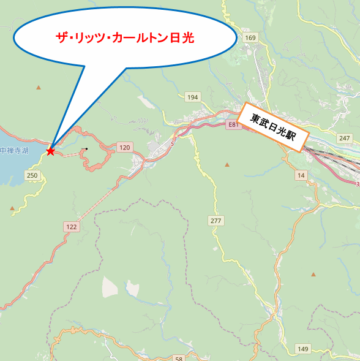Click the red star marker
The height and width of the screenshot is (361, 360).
(x=50, y=151)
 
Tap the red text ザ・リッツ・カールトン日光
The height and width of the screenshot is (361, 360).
(x=125, y=38)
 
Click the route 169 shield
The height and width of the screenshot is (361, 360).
(x=250, y=38)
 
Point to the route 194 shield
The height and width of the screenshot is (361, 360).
(x=193, y=97)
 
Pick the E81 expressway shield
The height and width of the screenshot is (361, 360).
(x=231, y=124)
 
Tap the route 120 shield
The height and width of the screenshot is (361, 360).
(x=125, y=147)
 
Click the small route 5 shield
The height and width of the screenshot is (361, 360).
(x=173, y=143)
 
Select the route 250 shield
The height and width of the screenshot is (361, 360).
(x=32, y=176)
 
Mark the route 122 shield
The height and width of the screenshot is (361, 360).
(x=72, y=227)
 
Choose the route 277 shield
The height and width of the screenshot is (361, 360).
(x=216, y=221)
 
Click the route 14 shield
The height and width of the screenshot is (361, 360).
(x=301, y=176)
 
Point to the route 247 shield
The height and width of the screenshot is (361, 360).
(x=343, y=138)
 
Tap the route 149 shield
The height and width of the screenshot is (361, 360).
(x=303, y=349)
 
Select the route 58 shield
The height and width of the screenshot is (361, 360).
(x=178, y=358)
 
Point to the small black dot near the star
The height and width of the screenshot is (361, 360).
(x=86, y=149)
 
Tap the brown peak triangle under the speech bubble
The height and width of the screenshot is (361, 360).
(x=39, y=88)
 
